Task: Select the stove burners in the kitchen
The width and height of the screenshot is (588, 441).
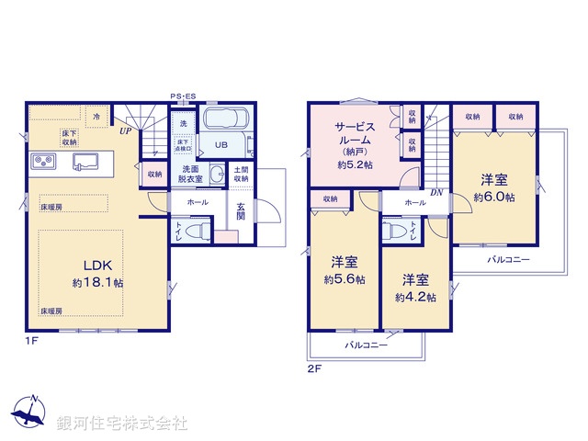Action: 43,163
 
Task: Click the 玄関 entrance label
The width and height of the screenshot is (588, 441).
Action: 240,210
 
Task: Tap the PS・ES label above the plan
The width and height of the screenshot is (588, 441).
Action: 183,96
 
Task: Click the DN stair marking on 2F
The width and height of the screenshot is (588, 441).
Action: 435,191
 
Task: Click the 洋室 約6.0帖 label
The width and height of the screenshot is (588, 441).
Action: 493,188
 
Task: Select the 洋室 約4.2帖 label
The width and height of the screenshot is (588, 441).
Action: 414,288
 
